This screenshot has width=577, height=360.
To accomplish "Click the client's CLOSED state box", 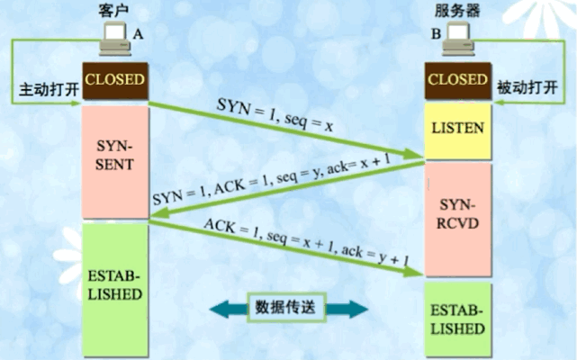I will pos(114,80).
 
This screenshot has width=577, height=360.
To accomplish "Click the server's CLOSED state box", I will pos(458,80).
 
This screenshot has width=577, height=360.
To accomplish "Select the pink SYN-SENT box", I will pos(114,158).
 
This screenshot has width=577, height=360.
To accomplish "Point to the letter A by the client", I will pos(138,33).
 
